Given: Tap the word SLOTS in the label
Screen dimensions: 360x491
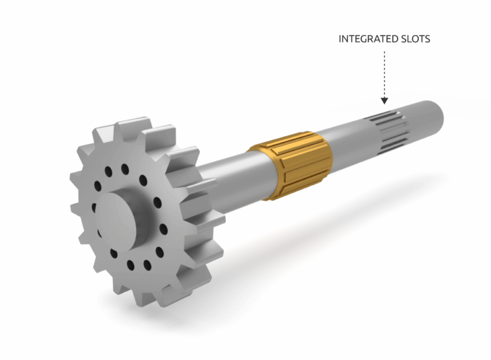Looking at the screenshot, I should (415, 39).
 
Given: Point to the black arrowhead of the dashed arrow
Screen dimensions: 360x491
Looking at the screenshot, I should (384, 100).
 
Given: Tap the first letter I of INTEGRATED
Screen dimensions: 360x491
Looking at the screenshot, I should (340, 39).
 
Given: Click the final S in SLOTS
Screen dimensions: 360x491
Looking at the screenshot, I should (427, 39).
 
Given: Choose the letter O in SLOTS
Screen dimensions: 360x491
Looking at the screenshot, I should (414, 39).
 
